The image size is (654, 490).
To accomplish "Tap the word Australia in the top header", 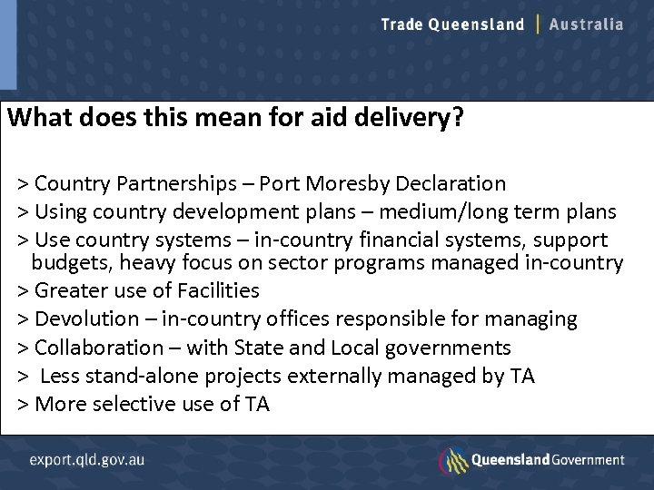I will (587, 24).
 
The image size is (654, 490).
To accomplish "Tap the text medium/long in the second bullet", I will (426, 212).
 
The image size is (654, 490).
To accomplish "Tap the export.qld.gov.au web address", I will (86, 459).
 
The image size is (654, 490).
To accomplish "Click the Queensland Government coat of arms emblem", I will (453, 460).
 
